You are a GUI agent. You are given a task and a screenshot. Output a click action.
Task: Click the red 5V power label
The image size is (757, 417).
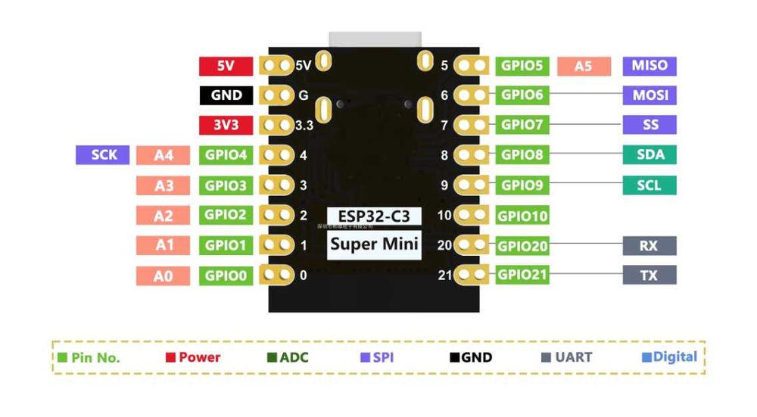pyautogui.click(x=226, y=66)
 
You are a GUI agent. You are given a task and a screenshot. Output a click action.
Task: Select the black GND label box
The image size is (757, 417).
pyautogui.click(x=226, y=95)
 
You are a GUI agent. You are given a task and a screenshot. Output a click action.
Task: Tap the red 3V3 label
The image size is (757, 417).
pyautogui.click(x=226, y=125)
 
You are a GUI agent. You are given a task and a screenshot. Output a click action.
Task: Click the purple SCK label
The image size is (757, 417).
pyautogui.click(x=103, y=154)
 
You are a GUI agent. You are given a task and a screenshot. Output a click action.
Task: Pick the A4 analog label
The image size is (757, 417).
pyautogui.click(x=164, y=155)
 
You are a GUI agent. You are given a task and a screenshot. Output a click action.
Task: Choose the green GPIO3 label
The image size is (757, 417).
pyautogui.click(x=226, y=185)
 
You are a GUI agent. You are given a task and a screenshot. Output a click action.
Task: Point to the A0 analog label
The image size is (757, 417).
pyautogui.click(x=164, y=276)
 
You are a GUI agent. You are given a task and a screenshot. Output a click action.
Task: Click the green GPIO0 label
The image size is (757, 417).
pyautogui.click(x=226, y=275)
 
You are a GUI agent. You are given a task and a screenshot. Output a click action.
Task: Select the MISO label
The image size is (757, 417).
pyautogui.click(x=650, y=65)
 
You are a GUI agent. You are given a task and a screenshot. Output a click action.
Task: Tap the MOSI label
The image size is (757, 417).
pyautogui.click(x=650, y=95)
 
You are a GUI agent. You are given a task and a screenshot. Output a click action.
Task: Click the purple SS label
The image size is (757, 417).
pyautogui.click(x=650, y=125)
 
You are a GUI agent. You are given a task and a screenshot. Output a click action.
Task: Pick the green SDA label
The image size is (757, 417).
pyautogui.click(x=650, y=154)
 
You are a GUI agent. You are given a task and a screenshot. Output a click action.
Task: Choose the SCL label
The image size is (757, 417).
pyautogui.click(x=650, y=185)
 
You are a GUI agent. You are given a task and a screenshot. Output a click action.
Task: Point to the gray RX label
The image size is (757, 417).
pyautogui.click(x=650, y=245)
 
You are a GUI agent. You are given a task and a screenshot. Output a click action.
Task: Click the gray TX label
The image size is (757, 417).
pyautogui.click(x=650, y=275)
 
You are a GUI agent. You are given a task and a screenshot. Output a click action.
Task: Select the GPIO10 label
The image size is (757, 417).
pyautogui.click(x=522, y=216)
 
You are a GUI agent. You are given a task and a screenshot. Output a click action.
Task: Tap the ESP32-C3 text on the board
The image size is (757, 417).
pyautogui.click(x=374, y=216)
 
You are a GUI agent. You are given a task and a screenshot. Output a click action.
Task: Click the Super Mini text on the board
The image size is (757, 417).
pyautogui.click(x=374, y=244)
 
